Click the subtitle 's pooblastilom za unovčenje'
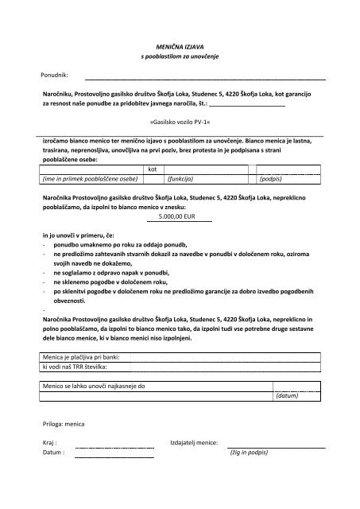[x=180, y=59]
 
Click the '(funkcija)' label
[x=181, y=180]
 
